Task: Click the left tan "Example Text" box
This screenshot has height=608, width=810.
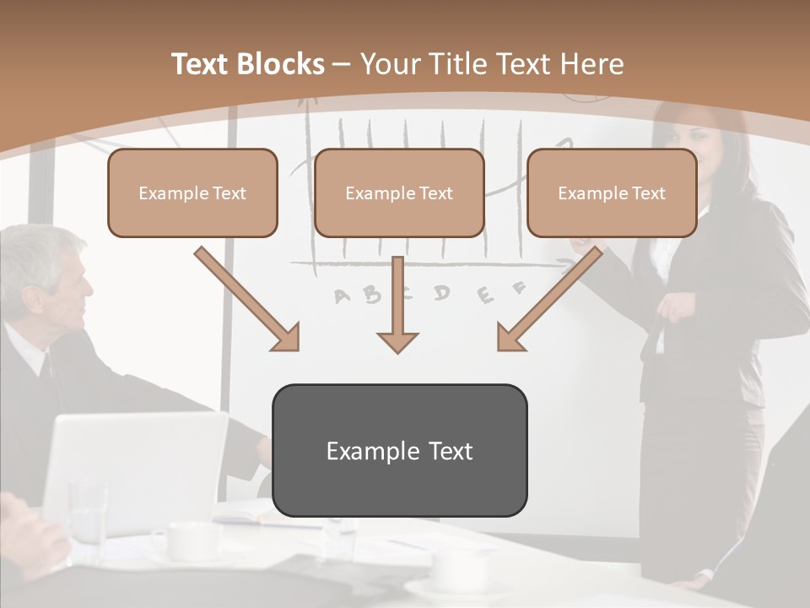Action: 192,193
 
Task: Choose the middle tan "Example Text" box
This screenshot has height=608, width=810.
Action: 399,193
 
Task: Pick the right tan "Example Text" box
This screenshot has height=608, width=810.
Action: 612,193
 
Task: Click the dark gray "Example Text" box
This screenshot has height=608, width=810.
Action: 399,450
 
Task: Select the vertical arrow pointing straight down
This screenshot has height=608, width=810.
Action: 397,304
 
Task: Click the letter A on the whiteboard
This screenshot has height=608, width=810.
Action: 343,296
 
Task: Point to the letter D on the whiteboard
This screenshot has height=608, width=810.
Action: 441,292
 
